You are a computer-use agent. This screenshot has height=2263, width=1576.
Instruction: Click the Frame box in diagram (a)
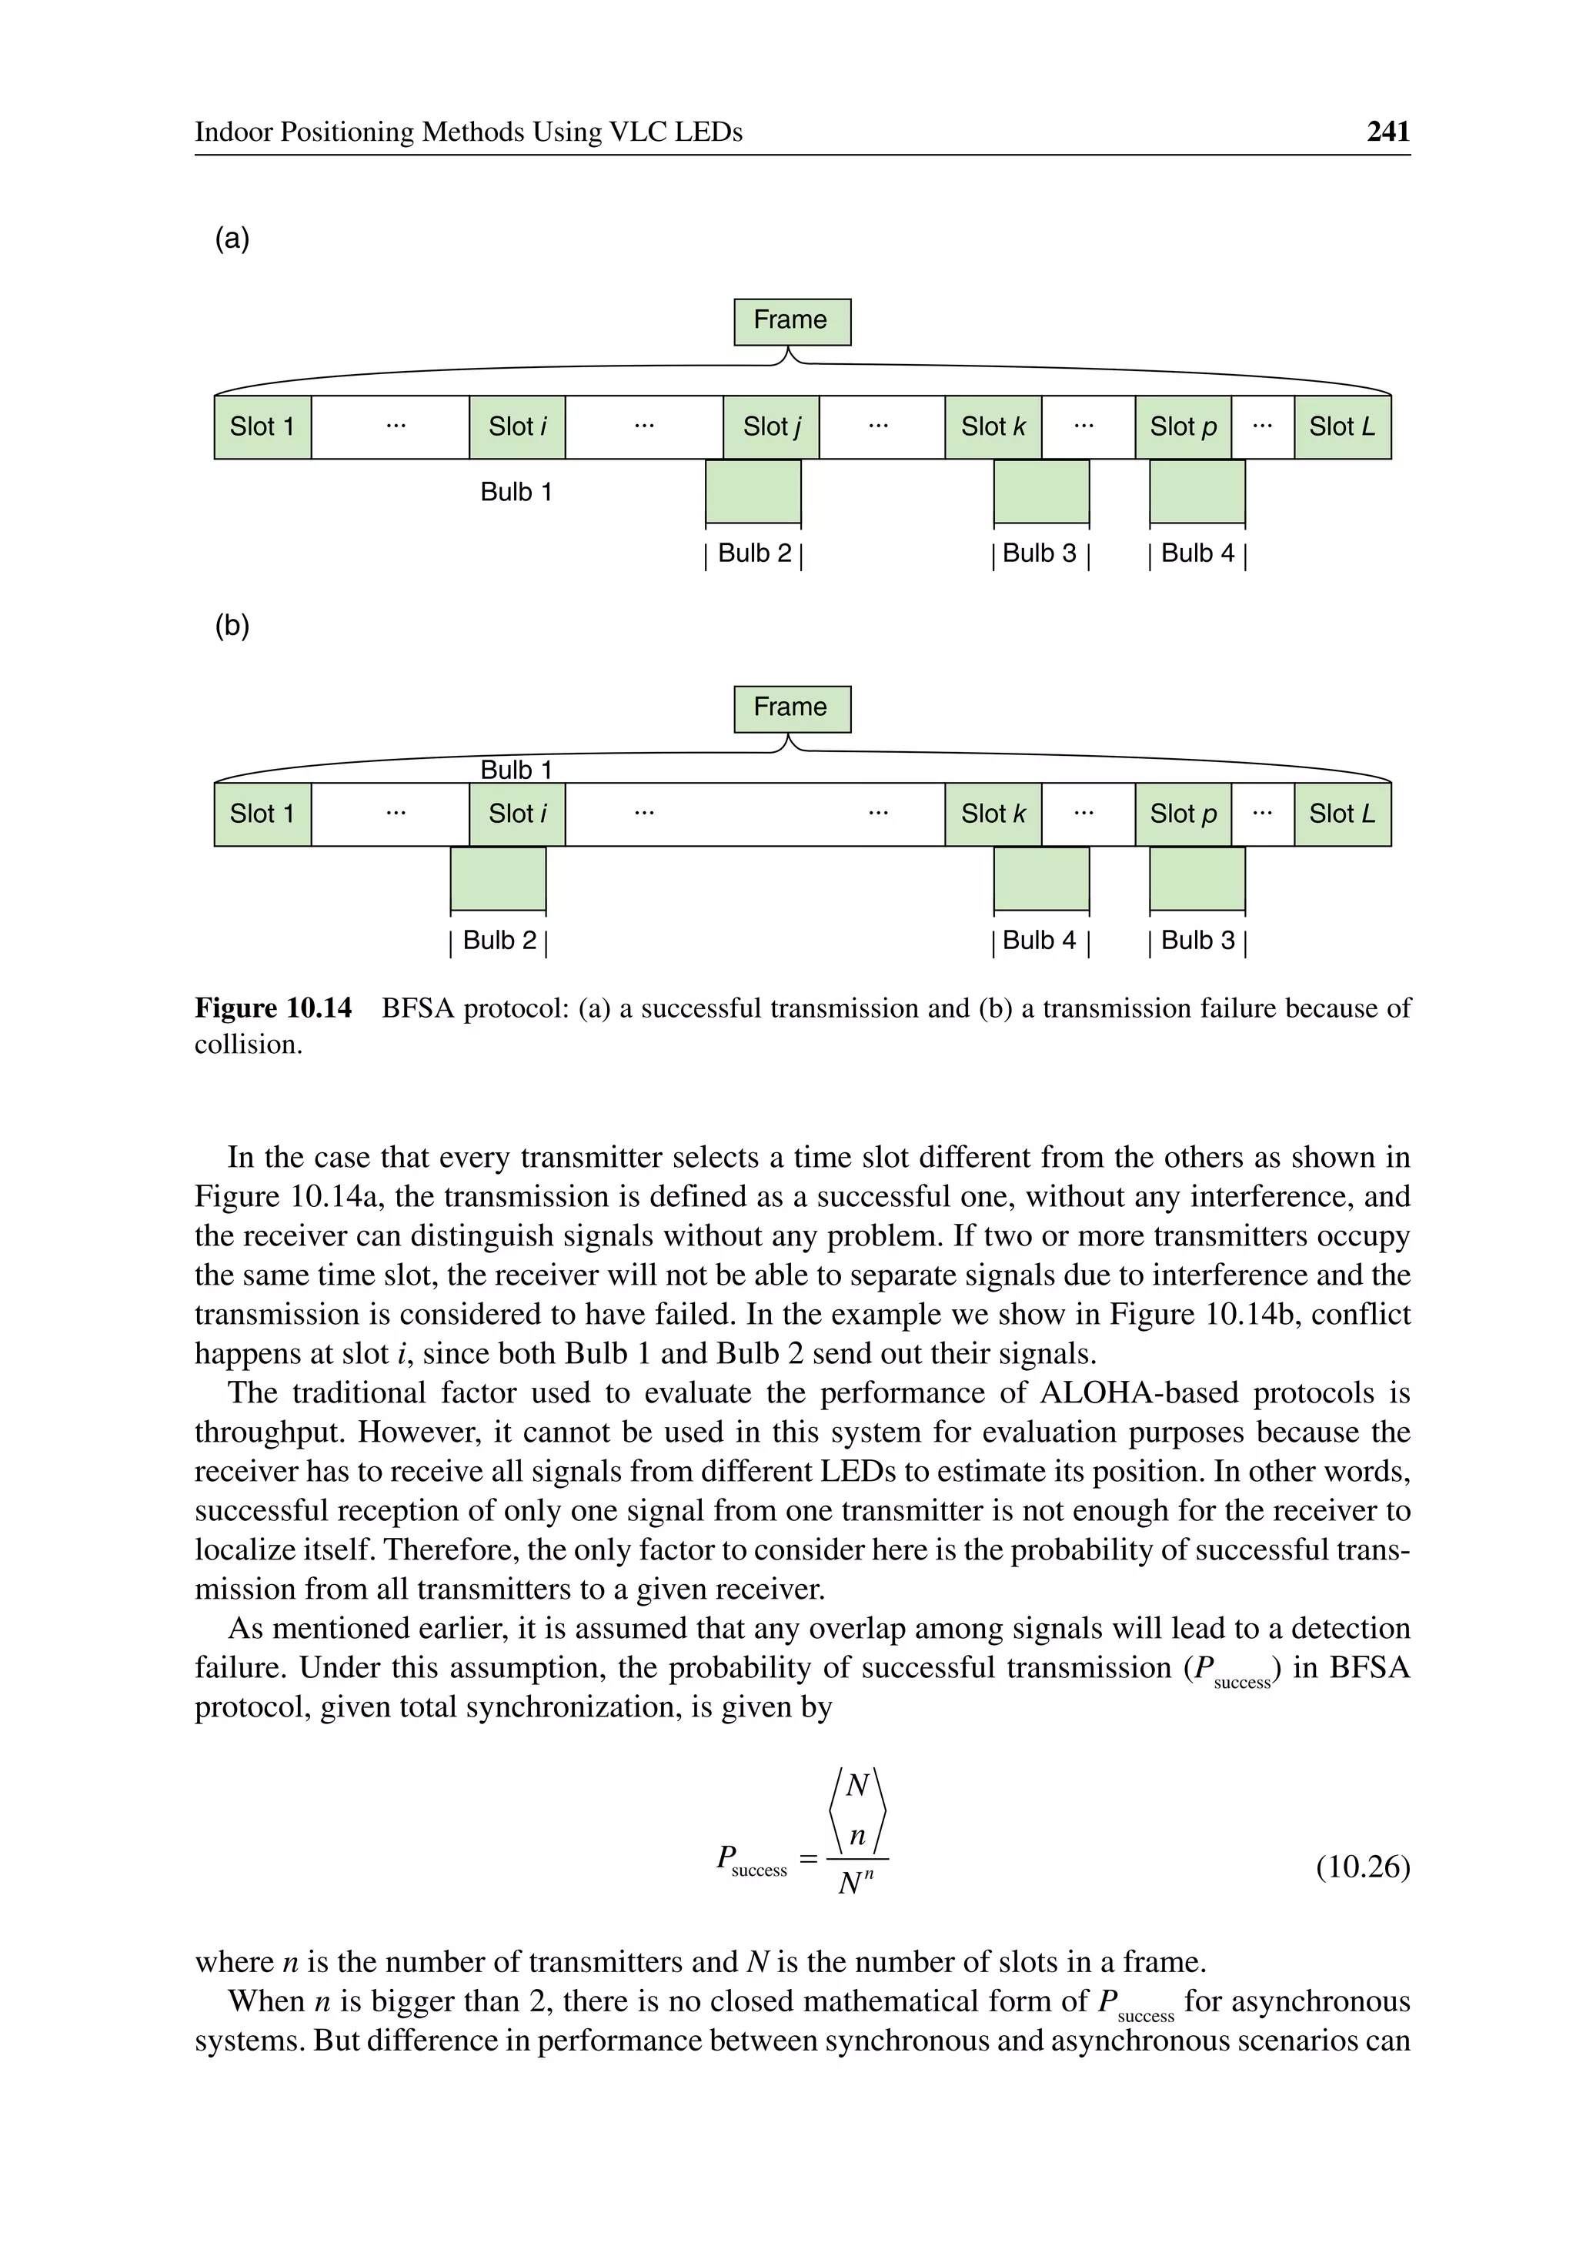point(791,321)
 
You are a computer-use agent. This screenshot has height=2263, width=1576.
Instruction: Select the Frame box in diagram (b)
point(791,709)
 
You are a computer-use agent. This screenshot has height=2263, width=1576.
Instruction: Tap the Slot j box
point(771,426)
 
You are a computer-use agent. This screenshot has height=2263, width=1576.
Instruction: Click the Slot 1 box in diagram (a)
point(262,426)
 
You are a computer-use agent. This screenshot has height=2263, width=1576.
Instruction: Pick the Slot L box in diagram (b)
point(1341,814)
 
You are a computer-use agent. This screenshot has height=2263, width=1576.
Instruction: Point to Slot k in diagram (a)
point(993,426)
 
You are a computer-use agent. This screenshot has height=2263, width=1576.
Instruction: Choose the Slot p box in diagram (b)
point(1183,814)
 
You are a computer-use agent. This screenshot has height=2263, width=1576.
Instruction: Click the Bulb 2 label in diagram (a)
point(754,554)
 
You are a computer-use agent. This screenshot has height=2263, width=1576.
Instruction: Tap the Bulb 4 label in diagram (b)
point(1039,941)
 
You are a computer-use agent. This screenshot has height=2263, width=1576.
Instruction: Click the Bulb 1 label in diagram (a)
point(516,492)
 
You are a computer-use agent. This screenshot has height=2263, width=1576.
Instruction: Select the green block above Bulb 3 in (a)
point(1041,492)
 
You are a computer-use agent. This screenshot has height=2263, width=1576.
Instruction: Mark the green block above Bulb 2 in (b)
point(498,879)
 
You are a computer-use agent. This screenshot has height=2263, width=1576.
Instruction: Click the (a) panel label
point(232,239)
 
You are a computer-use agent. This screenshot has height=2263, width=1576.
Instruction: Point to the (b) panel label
point(232,626)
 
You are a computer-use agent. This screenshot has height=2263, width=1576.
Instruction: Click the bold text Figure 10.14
point(273,1008)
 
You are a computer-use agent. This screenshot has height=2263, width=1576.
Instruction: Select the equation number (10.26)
point(1362,1867)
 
